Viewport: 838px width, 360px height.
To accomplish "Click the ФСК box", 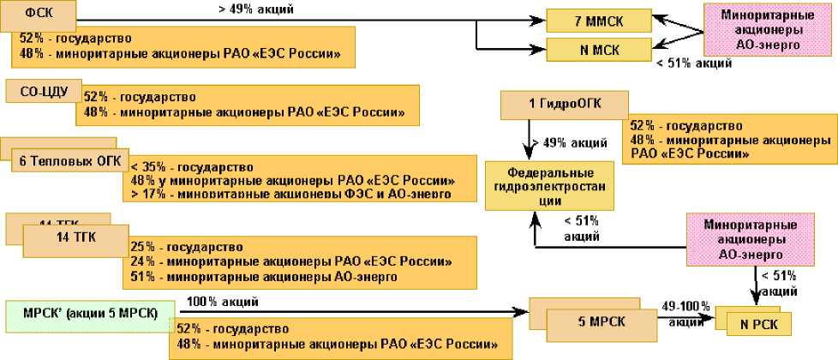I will pos(39,15).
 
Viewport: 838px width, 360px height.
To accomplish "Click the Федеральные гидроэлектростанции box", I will pos(537,184).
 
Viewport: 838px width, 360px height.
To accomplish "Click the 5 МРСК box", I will pos(593,322).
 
